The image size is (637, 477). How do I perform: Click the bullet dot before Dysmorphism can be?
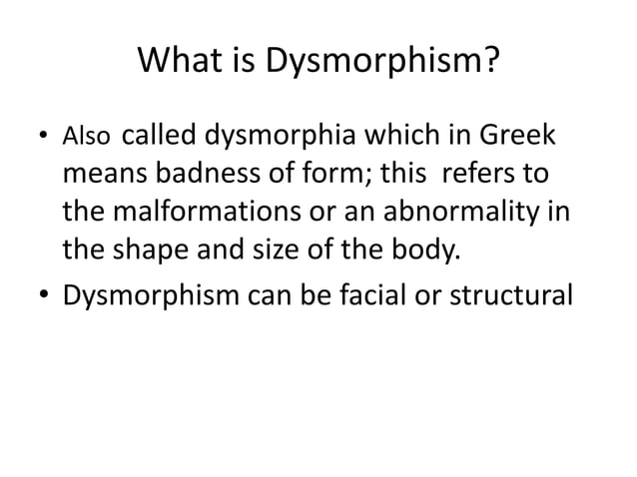(x=44, y=296)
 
